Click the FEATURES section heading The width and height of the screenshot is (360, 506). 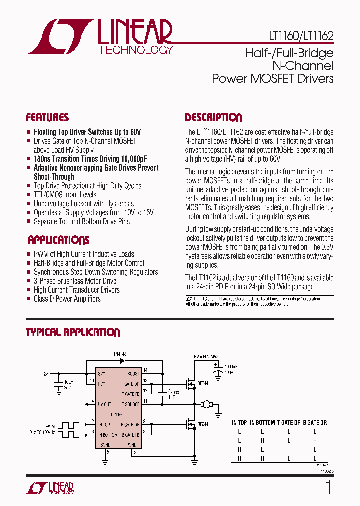click(47, 118)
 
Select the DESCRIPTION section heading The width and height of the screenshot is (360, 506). click(213, 118)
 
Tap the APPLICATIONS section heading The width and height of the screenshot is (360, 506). click(58, 240)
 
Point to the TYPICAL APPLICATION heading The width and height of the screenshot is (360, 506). click(73, 332)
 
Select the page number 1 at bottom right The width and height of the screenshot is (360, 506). click(328, 487)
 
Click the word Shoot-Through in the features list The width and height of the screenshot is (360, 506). click(54, 177)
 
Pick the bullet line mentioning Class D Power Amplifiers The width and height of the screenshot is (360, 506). click(67, 299)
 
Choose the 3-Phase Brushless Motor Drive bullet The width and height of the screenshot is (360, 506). click(75, 281)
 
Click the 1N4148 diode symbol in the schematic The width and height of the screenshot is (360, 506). click(121, 360)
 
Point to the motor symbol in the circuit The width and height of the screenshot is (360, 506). click(205, 404)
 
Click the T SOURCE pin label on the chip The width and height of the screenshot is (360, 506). click(130, 404)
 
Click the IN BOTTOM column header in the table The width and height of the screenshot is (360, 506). click(262, 423)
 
